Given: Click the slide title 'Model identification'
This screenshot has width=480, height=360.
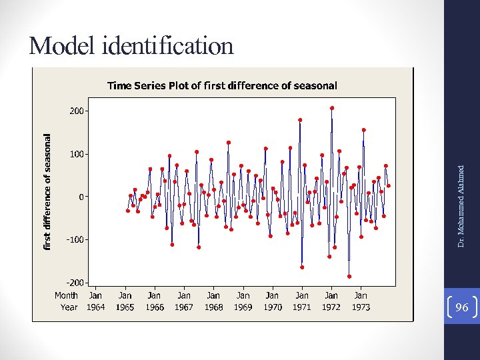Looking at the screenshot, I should tap(131, 46).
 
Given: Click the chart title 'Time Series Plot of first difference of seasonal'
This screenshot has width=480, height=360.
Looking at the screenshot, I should tap(222, 85).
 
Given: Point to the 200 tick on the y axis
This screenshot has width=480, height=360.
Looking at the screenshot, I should tap(77, 111).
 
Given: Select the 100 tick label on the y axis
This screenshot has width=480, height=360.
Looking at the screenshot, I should tap(77, 154).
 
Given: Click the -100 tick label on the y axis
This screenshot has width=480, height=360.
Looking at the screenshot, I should tap(76, 239).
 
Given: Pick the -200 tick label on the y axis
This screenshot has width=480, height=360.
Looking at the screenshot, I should tap(76, 283).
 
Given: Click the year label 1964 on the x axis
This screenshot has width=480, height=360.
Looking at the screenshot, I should tap(95, 307).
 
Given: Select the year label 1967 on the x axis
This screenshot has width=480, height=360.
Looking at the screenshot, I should tap(183, 307).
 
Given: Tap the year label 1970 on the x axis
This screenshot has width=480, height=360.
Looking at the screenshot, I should tap(272, 307).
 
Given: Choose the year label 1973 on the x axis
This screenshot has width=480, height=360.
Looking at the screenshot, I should tap(360, 307).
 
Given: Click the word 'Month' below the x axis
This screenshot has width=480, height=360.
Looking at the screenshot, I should tap(66, 295).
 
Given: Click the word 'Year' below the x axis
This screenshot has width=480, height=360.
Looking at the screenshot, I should tap(69, 307).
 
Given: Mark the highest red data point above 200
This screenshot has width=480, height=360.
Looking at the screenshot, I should tap(332, 108).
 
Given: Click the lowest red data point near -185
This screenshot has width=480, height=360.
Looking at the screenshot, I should tap(349, 276).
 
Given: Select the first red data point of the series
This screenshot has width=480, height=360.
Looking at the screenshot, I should tap(127, 211).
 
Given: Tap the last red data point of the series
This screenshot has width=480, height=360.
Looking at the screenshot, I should tap(389, 186).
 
